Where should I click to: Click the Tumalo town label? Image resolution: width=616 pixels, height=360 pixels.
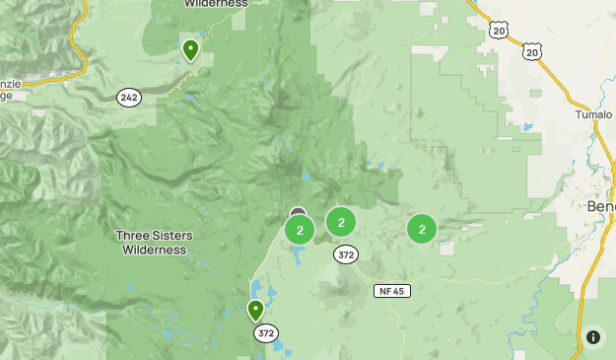[593, 114]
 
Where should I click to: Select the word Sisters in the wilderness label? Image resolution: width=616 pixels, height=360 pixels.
[172, 236]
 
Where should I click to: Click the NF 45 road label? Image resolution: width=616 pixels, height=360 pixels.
[391, 291]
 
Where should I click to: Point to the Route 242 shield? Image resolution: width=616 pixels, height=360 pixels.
[128, 97]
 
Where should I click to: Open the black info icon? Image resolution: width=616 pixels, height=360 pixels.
[593, 336]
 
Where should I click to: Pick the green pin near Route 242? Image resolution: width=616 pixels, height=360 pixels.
[190, 48]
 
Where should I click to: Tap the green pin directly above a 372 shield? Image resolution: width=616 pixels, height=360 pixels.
[256, 312]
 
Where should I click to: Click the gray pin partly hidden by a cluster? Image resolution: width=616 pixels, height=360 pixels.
[298, 213]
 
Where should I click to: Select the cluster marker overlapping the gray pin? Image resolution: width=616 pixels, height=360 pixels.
[300, 230]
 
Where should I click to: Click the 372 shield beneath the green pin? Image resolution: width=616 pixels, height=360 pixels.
[265, 333]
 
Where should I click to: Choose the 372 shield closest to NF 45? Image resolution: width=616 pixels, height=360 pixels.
[345, 254]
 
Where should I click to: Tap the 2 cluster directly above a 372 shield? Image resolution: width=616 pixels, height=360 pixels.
[341, 222]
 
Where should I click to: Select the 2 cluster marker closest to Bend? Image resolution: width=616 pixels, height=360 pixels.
[422, 229]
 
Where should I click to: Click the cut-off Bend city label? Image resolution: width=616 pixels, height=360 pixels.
[600, 207]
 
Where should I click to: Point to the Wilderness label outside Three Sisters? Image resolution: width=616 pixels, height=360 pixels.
[216, 3]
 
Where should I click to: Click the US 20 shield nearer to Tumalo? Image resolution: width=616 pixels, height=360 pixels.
[532, 50]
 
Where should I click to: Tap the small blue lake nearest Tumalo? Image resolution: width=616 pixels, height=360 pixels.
[528, 127]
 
